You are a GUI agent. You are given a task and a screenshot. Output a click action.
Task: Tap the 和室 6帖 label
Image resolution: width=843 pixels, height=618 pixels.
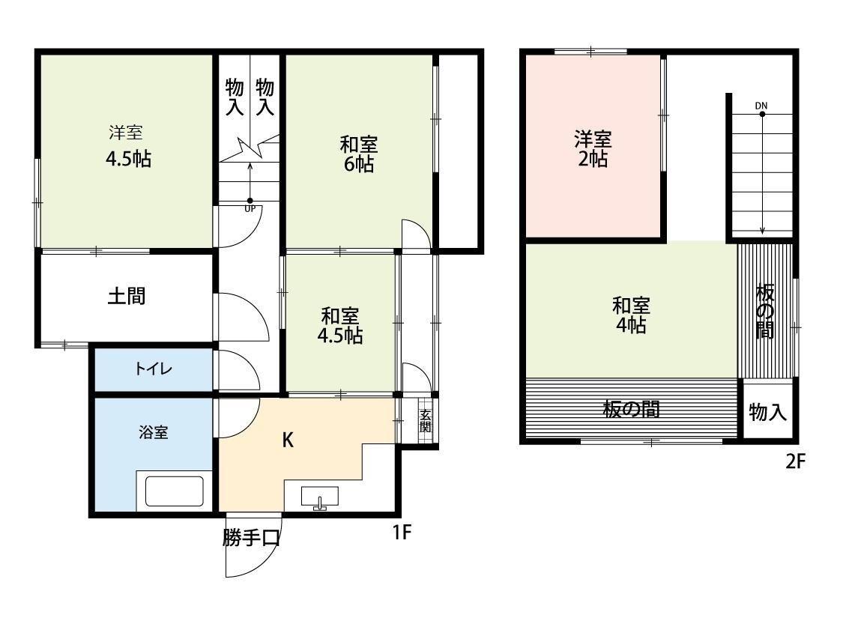tap(359, 154)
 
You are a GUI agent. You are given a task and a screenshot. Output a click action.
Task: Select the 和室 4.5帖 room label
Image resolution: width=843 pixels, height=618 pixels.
tap(340, 326)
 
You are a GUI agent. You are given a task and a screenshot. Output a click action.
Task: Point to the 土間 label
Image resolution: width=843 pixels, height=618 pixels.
tap(127, 296)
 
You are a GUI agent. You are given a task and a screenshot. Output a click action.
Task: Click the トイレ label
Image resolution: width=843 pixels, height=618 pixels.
tap(154, 369)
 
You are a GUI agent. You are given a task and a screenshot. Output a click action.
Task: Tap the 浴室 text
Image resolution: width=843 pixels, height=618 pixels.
tap(154, 432)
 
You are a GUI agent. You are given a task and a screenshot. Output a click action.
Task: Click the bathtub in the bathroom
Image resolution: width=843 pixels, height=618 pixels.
tap(174, 492)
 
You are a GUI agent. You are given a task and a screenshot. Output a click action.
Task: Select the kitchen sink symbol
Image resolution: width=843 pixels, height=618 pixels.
tap(320, 497)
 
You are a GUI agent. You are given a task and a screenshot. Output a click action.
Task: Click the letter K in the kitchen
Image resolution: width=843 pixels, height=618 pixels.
tap(288, 440)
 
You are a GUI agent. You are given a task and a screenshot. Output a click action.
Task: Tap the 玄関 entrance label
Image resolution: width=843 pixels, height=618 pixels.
tap(425, 420)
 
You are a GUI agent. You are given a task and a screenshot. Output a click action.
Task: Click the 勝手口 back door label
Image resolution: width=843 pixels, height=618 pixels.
tap(251, 538)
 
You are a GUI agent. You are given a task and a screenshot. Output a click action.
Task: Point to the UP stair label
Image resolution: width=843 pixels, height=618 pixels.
tap(250, 209)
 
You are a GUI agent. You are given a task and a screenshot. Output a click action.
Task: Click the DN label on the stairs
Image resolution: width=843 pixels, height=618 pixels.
tap(761, 106)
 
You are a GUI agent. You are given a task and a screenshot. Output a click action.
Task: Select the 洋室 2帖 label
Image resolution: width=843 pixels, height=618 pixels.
tap(593, 148)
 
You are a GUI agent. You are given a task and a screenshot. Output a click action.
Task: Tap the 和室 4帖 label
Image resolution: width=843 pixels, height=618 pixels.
tap(631, 315)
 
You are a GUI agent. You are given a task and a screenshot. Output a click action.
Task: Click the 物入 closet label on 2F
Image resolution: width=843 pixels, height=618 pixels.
tap(767, 411)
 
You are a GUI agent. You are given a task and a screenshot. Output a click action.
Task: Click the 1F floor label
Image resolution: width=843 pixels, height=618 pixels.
tap(402, 533)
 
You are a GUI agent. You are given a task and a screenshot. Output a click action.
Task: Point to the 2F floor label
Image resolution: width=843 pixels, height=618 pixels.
tap(794, 461)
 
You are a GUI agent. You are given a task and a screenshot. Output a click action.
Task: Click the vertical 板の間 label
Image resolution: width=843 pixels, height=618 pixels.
tap(764, 311)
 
